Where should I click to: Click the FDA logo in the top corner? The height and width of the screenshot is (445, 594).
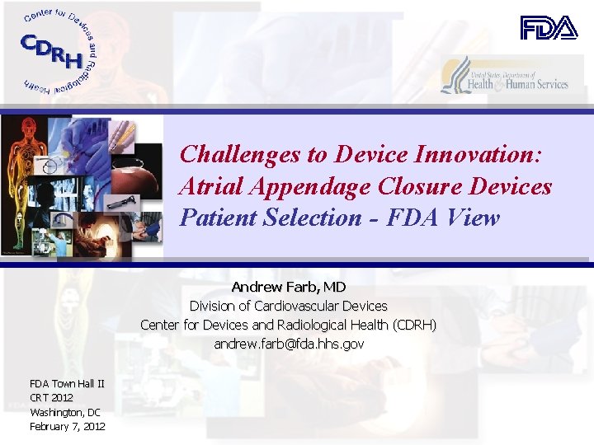[x=549, y=28]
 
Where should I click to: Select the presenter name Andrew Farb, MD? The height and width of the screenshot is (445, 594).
[x=289, y=287]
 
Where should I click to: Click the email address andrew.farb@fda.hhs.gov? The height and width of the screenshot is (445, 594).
[x=289, y=344]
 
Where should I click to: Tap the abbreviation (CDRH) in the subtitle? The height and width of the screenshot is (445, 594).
[x=414, y=325]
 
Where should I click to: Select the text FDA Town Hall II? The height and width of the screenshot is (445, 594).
[x=67, y=384]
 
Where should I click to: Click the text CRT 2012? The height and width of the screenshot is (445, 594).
[x=51, y=398]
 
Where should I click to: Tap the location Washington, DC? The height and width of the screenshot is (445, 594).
[x=65, y=412]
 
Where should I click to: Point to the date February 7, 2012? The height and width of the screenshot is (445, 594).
[x=68, y=426]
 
